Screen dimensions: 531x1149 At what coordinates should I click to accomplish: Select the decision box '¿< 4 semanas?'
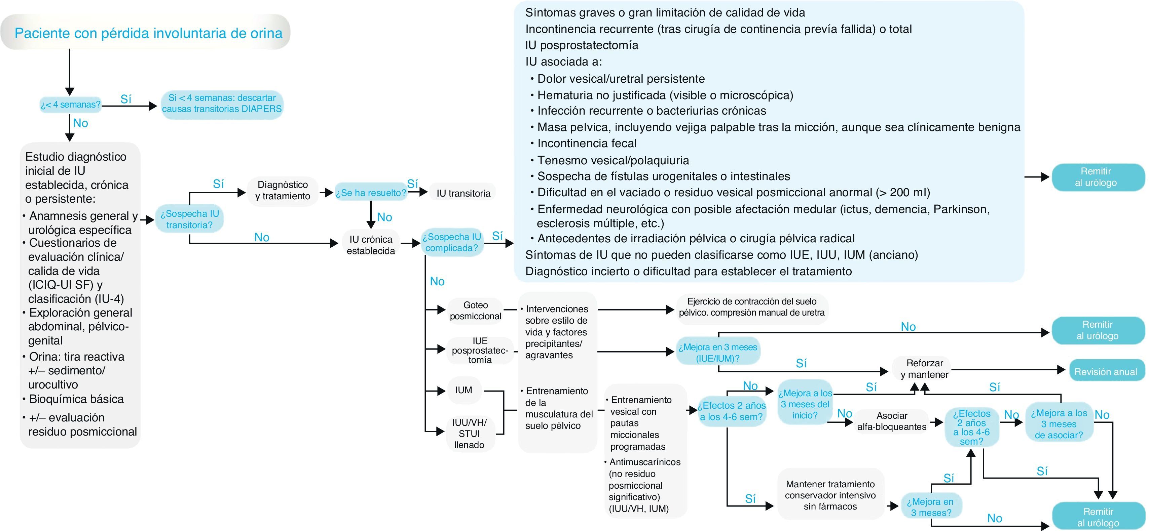(x=71, y=105)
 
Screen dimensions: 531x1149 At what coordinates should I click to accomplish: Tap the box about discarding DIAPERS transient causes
(x=222, y=104)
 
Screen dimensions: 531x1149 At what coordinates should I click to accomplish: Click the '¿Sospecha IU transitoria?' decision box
(x=190, y=219)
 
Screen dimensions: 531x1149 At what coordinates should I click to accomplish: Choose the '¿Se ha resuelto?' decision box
(x=371, y=193)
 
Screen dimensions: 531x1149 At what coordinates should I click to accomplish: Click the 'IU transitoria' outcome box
(x=463, y=193)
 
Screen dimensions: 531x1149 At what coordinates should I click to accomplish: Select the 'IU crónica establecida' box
(x=371, y=245)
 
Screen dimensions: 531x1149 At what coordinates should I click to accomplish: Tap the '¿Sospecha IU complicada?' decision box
(x=451, y=243)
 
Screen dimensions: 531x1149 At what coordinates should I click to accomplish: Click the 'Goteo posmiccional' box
(x=476, y=310)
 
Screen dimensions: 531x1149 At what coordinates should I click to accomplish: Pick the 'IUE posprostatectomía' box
(x=480, y=351)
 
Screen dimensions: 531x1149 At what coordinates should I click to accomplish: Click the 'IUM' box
(x=464, y=390)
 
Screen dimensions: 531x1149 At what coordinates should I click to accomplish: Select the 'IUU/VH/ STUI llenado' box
(x=469, y=433)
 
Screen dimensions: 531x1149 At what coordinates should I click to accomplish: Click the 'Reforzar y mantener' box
(x=924, y=369)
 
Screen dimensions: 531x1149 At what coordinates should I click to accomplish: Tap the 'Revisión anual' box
(x=1105, y=371)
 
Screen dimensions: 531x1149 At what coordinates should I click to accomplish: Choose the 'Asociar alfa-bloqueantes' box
(x=892, y=421)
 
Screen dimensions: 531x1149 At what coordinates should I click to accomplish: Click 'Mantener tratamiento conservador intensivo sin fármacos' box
(x=830, y=495)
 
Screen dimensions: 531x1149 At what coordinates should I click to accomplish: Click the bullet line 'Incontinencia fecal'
(x=587, y=143)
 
